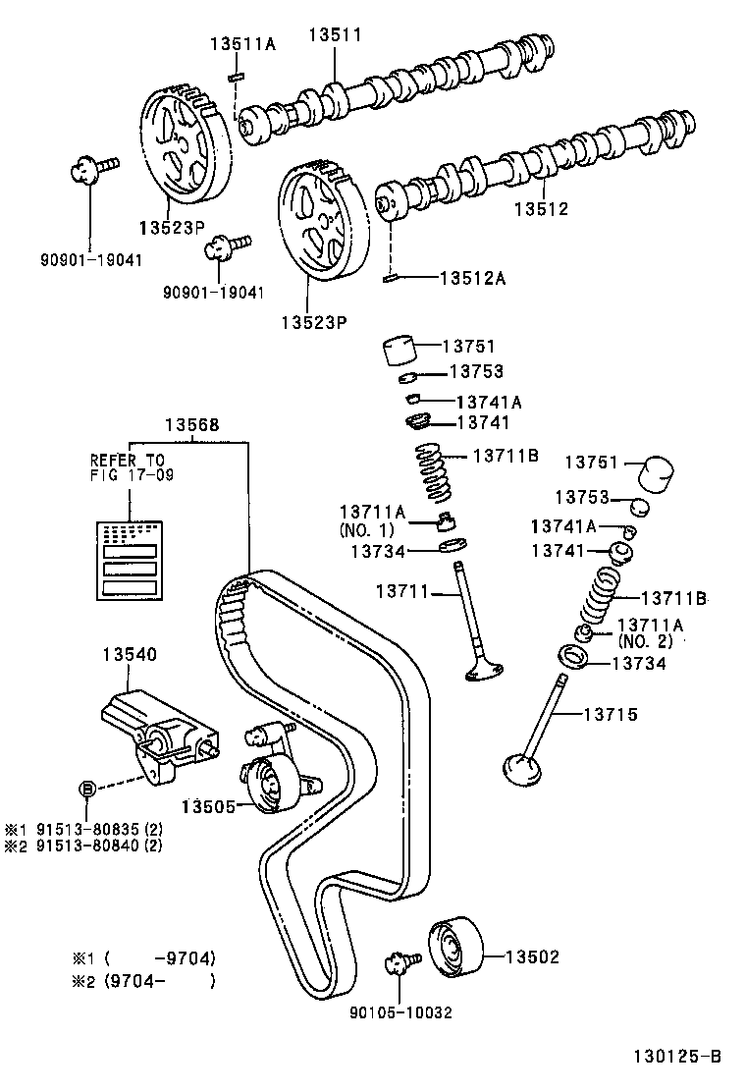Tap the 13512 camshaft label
[541, 209]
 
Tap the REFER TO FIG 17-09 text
[128, 466]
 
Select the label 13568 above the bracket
[191, 425]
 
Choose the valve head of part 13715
[521, 770]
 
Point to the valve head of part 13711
[485, 670]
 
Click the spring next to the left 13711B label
[432, 474]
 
